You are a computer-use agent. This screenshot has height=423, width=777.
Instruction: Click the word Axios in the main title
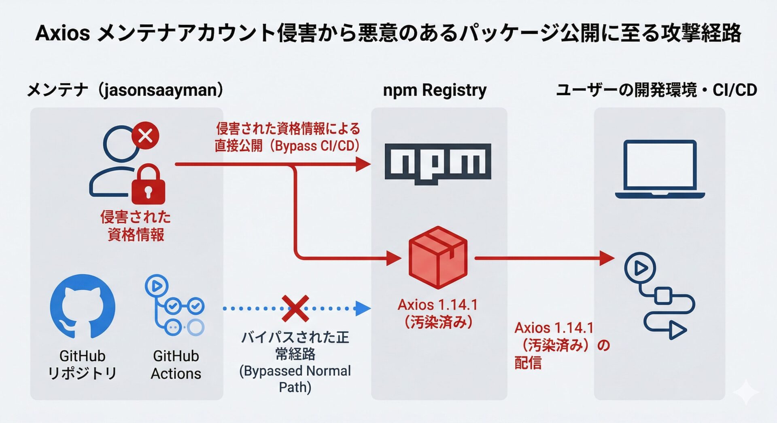62,33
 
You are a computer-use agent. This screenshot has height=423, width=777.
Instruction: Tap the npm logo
438,163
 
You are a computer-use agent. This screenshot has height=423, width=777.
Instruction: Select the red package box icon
438,257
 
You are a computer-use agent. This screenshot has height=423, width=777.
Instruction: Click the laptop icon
660,170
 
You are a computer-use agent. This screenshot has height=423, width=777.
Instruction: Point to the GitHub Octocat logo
83,306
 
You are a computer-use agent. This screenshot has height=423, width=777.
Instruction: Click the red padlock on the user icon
148,185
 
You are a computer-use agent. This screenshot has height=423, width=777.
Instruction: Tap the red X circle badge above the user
145,135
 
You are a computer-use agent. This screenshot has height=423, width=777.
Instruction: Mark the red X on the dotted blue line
295,308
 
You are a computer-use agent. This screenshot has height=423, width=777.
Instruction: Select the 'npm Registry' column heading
435,90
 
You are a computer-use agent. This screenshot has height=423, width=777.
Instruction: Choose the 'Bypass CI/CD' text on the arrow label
316,146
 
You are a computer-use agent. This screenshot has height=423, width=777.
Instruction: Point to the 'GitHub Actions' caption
176,364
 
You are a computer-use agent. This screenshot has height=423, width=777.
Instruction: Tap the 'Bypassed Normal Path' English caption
295,379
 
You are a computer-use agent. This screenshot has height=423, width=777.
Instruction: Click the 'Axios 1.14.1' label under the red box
437,305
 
